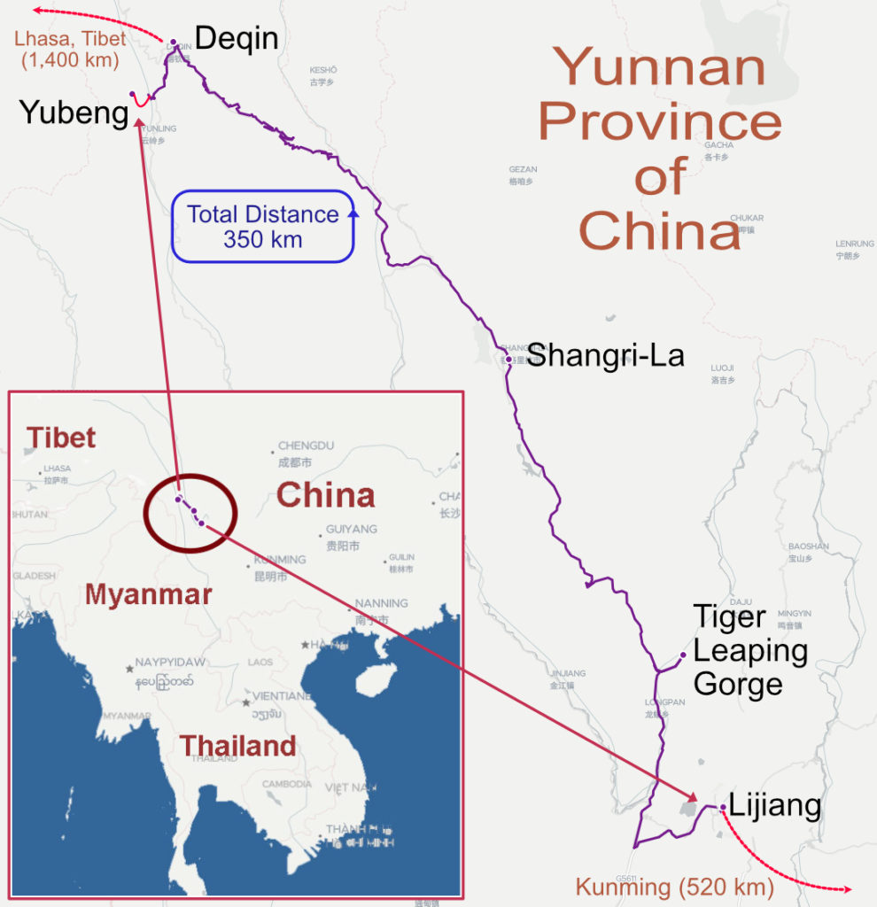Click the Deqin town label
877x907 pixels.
(x=237, y=38)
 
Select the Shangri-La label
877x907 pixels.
(x=606, y=356)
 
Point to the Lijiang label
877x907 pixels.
(x=775, y=806)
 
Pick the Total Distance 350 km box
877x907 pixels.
(x=263, y=227)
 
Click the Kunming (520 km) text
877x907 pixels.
(x=675, y=886)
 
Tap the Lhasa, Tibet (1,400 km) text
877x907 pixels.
(x=71, y=50)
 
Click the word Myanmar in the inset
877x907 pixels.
(x=148, y=594)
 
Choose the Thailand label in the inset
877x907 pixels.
(x=238, y=746)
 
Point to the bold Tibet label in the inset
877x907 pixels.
(x=61, y=438)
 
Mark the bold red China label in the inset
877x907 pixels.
(x=324, y=495)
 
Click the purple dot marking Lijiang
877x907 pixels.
(x=723, y=807)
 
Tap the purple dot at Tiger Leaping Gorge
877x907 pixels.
(x=682, y=655)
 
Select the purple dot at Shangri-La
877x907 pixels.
(x=508, y=360)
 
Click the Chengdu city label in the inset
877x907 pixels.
(x=306, y=446)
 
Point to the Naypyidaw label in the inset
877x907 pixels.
(x=170, y=662)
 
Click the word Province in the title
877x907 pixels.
(x=659, y=122)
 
